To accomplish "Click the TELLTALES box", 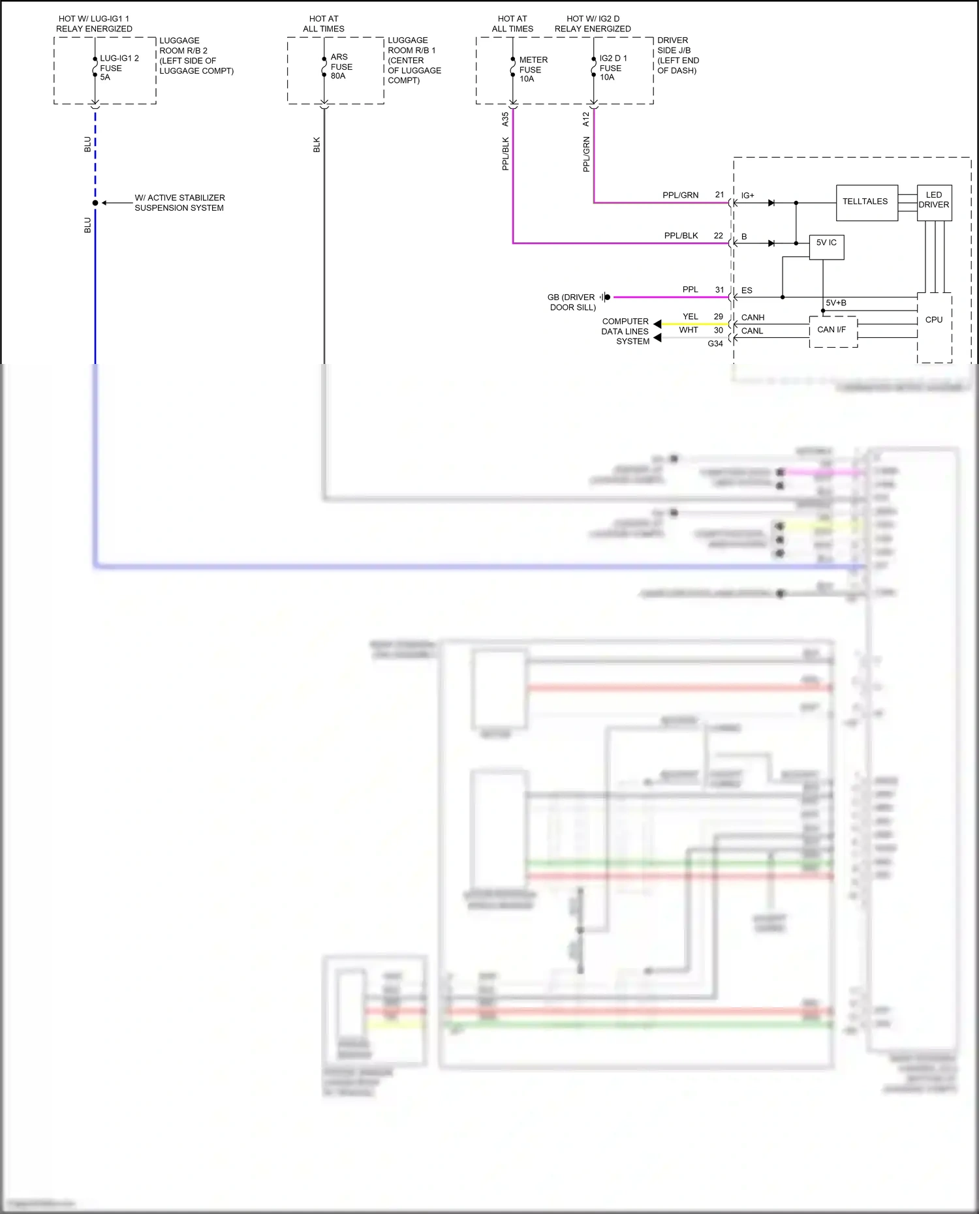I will click(866, 202).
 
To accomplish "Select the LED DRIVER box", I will click(933, 200).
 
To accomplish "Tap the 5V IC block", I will click(826, 243).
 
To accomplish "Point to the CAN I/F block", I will click(831, 330).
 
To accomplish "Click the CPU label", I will click(933, 320).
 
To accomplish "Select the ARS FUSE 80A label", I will click(341, 67).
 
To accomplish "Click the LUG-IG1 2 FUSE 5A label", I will click(118, 68).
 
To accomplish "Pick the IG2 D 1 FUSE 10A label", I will click(612, 68).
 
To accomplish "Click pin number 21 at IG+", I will click(719, 194).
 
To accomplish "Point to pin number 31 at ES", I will click(719, 290).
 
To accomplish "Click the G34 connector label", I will click(715, 344).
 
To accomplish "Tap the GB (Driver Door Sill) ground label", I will click(572, 302).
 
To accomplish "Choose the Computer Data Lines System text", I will click(625, 331).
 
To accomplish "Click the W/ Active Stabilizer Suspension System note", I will click(179, 203).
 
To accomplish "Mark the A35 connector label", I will click(505, 119).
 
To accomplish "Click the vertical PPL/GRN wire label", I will click(586, 155).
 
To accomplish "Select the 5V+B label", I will click(835, 303).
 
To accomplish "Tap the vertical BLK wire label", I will click(317, 145).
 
